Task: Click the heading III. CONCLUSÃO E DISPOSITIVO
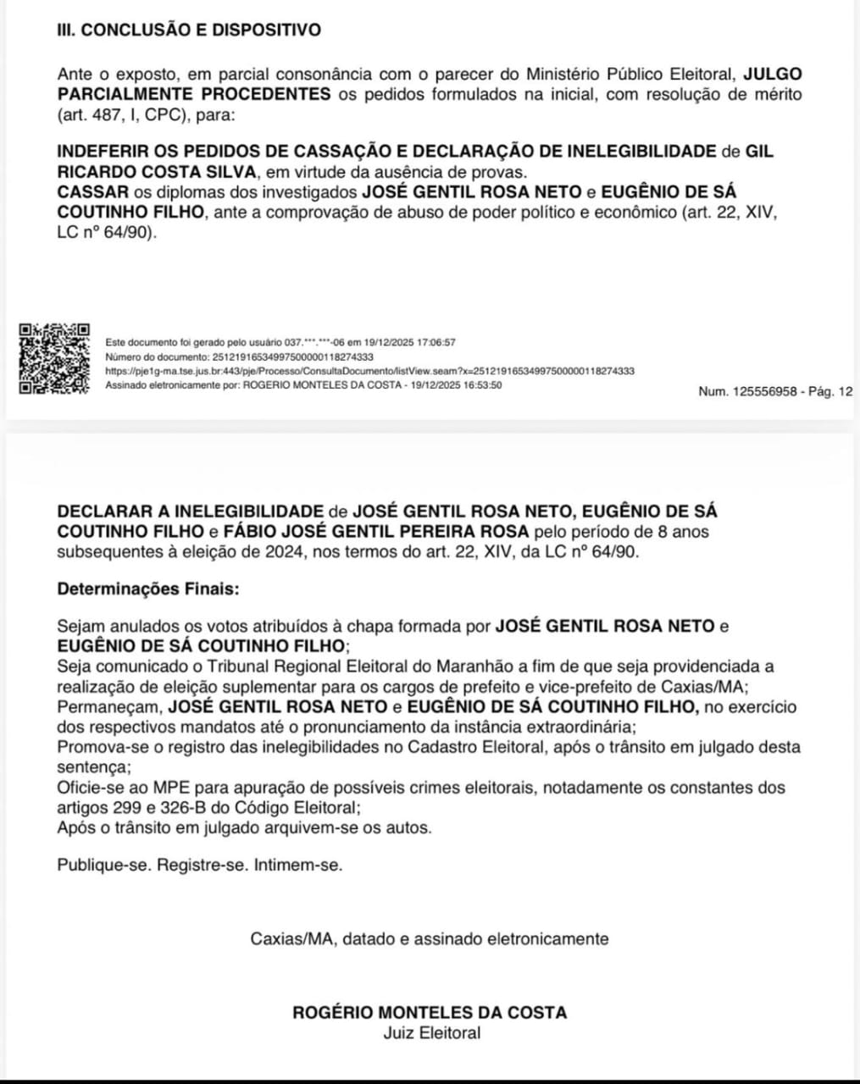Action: tap(189, 30)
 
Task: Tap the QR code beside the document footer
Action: tap(54, 358)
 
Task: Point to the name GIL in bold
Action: tap(759, 152)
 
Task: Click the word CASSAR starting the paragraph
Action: tap(93, 192)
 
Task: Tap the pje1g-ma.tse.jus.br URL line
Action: tap(369, 371)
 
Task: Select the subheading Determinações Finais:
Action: tap(148, 589)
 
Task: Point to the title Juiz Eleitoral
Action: tap(431, 1032)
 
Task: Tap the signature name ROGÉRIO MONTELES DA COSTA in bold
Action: tap(430, 1012)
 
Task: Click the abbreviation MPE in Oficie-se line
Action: tap(171, 788)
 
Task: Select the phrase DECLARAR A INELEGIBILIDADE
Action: tap(191, 512)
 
